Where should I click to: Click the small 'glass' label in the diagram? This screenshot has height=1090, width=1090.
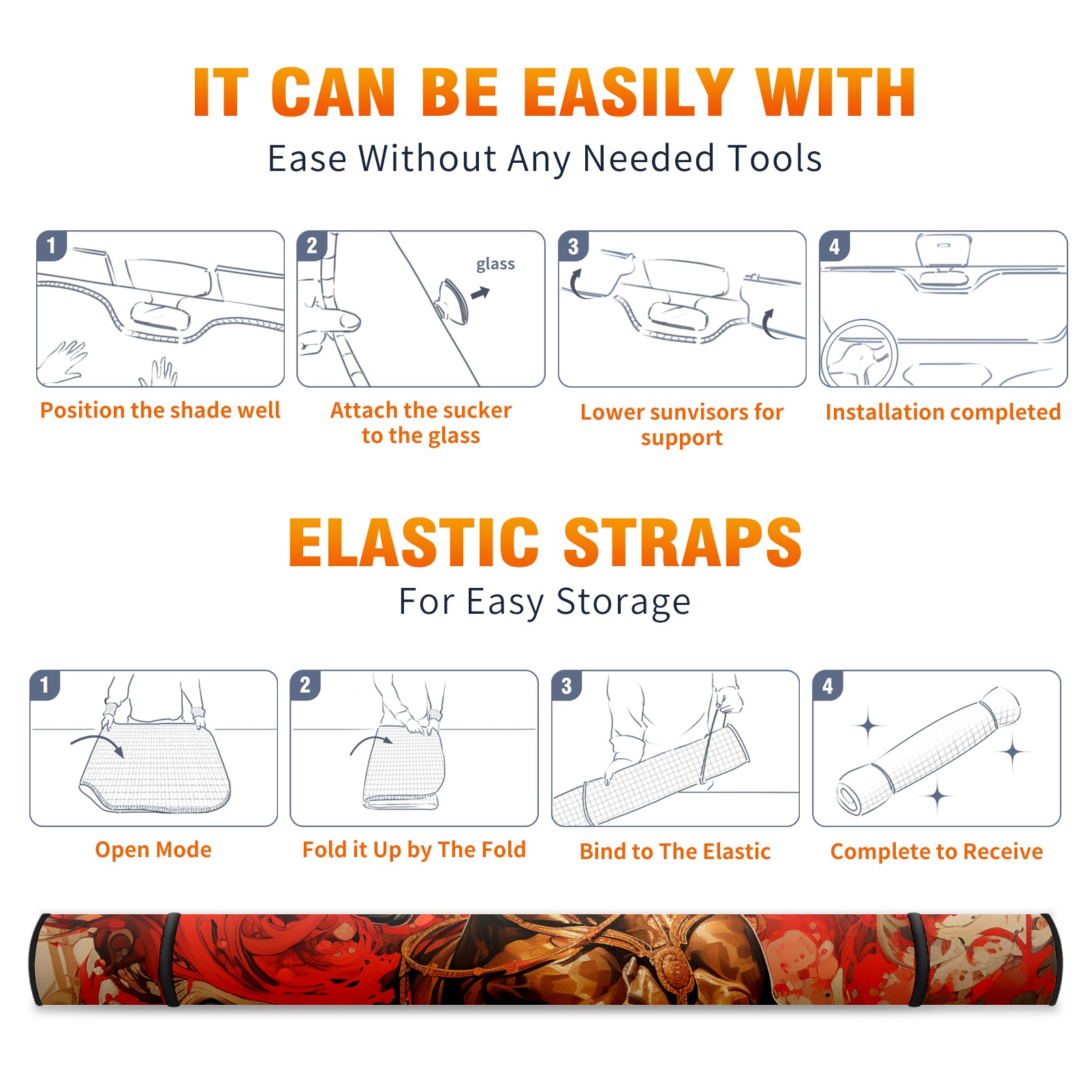495,264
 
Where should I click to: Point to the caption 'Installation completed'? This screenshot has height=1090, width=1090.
943,412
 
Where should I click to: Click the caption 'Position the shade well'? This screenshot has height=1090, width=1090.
160,410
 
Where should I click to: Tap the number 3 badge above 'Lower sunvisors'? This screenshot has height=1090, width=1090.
573,247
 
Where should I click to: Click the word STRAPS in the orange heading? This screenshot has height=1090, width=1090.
683,542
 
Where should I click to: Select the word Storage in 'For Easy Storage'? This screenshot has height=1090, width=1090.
623,602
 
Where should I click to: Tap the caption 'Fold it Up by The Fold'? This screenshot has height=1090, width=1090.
414,850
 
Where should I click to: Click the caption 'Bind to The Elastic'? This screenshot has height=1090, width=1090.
675,852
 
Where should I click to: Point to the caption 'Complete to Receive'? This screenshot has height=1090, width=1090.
937,852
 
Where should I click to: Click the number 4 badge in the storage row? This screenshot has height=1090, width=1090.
828,685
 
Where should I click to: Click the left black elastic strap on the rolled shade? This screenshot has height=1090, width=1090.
172,959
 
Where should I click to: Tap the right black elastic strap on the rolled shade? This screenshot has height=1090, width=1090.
918,959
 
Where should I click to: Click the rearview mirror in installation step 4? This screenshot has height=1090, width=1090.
944,250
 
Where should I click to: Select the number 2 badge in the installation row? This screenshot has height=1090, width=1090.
311,246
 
